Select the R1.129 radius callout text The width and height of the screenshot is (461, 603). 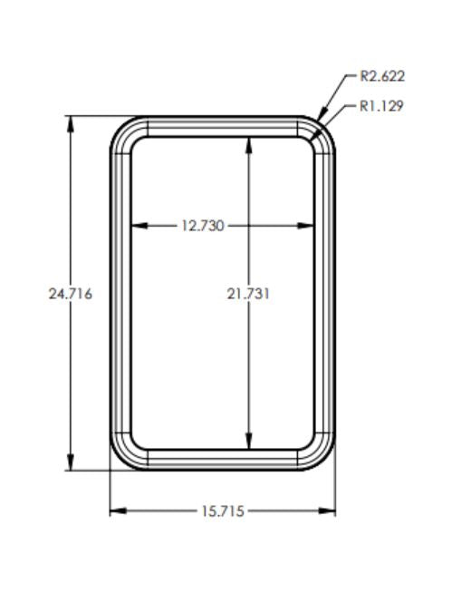(381, 106)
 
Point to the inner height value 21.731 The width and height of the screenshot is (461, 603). (249, 294)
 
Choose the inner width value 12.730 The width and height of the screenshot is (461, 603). (202, 226)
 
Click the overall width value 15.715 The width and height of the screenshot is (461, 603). (222, 511)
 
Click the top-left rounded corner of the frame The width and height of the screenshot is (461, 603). (122, 130)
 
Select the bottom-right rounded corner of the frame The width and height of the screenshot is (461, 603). (322, 458)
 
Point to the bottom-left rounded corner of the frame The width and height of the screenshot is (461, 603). (122, 458)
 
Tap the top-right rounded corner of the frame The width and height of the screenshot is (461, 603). (322, 130)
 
